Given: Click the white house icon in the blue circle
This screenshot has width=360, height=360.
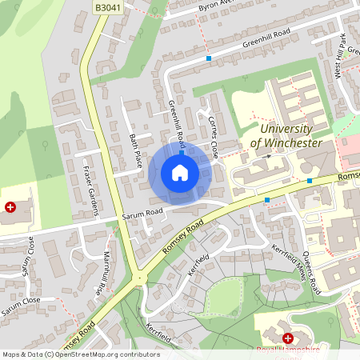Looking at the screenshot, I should tap(180, 173).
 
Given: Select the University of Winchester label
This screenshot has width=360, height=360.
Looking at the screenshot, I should tap(286, 136).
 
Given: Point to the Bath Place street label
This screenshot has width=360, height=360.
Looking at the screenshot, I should tap(135, 151).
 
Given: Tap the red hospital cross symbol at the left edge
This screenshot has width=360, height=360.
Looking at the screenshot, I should tap(10, 206).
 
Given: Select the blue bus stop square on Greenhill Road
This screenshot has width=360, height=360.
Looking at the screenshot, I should tap(209, 58).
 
